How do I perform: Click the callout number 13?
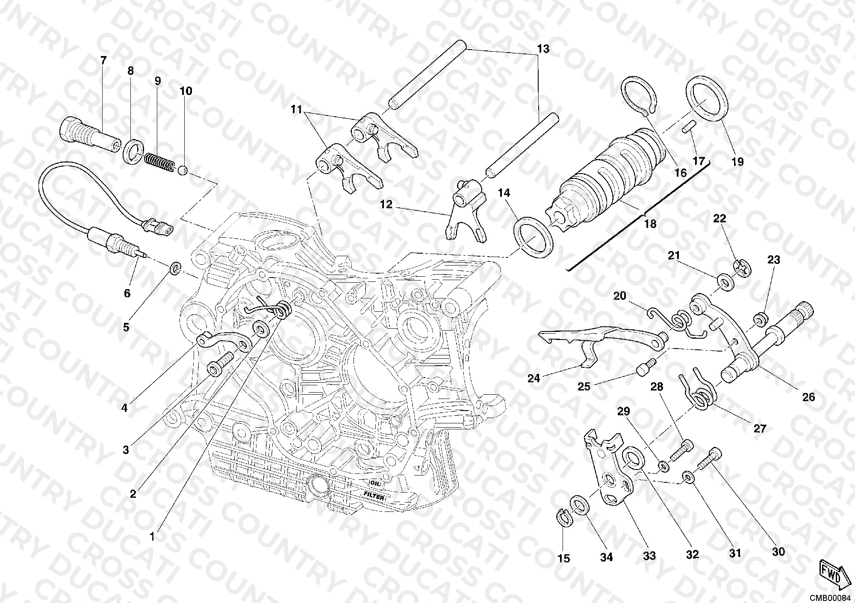[x=543, y=49]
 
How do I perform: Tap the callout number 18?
[x=650, y=224]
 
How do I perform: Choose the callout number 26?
[x=808, y=397]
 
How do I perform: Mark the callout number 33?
[x=649, y=556]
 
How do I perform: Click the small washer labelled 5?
[x=175, y=269]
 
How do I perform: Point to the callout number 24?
[x=534, y=378]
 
